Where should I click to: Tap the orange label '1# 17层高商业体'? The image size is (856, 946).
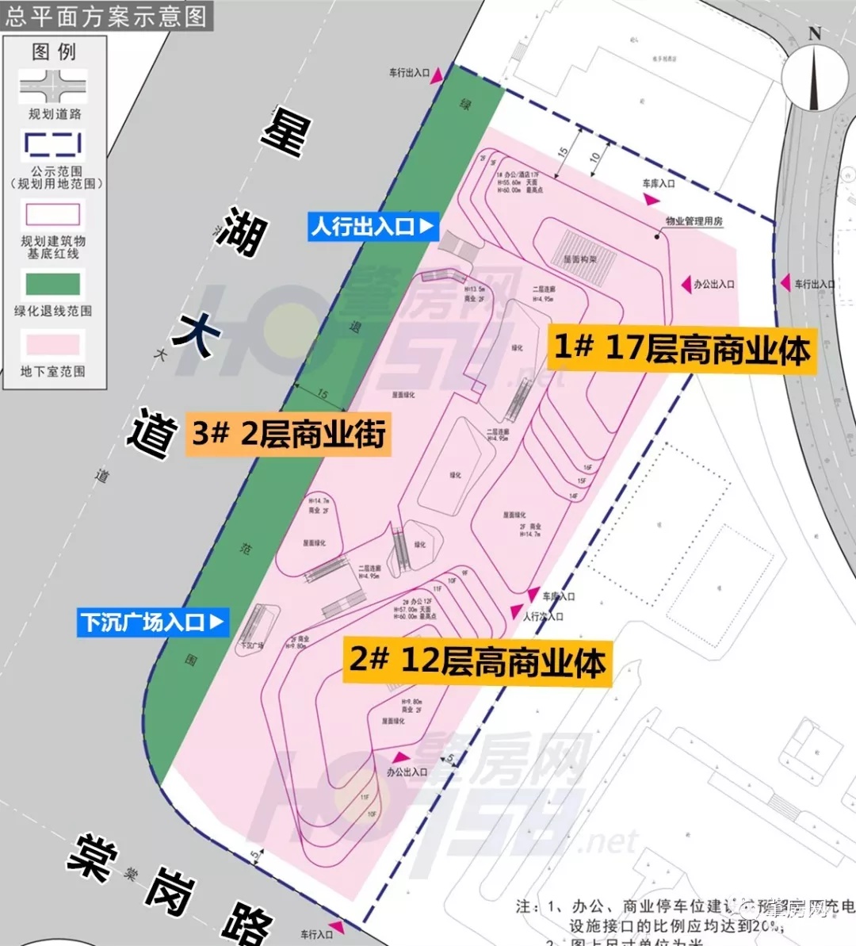682,348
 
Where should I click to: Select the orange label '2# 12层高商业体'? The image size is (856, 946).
478,661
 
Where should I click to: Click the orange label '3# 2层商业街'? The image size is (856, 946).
289,434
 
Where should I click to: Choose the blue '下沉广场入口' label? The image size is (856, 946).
153,622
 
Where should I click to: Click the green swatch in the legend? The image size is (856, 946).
53,284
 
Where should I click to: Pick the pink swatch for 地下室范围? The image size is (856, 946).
53,344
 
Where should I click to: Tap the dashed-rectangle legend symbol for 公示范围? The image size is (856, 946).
53,144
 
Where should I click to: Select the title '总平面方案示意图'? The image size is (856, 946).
106,16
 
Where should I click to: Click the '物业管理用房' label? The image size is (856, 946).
694,221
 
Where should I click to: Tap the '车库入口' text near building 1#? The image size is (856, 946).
659,183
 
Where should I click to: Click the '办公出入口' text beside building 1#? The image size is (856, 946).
714,284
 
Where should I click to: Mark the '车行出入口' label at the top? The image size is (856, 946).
409,72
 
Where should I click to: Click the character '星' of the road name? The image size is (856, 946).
285,132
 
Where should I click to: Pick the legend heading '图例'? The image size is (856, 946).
54,52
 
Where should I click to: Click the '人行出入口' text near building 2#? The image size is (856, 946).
543,616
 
